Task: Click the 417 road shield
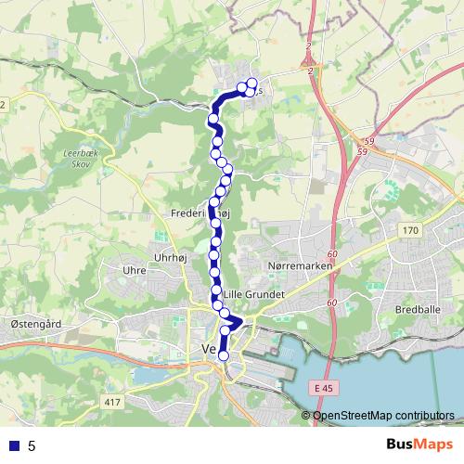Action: click(x=113, y=401)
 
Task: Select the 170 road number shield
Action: click(x=409, y=228)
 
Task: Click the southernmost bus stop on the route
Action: click(x=223, y=355)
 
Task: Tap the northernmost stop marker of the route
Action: click(x=251, y=84)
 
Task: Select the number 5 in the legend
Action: click(x=32, y=445)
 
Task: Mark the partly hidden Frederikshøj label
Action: click(x=193, y=213)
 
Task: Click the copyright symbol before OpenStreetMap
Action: click(x=307, y=416)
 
